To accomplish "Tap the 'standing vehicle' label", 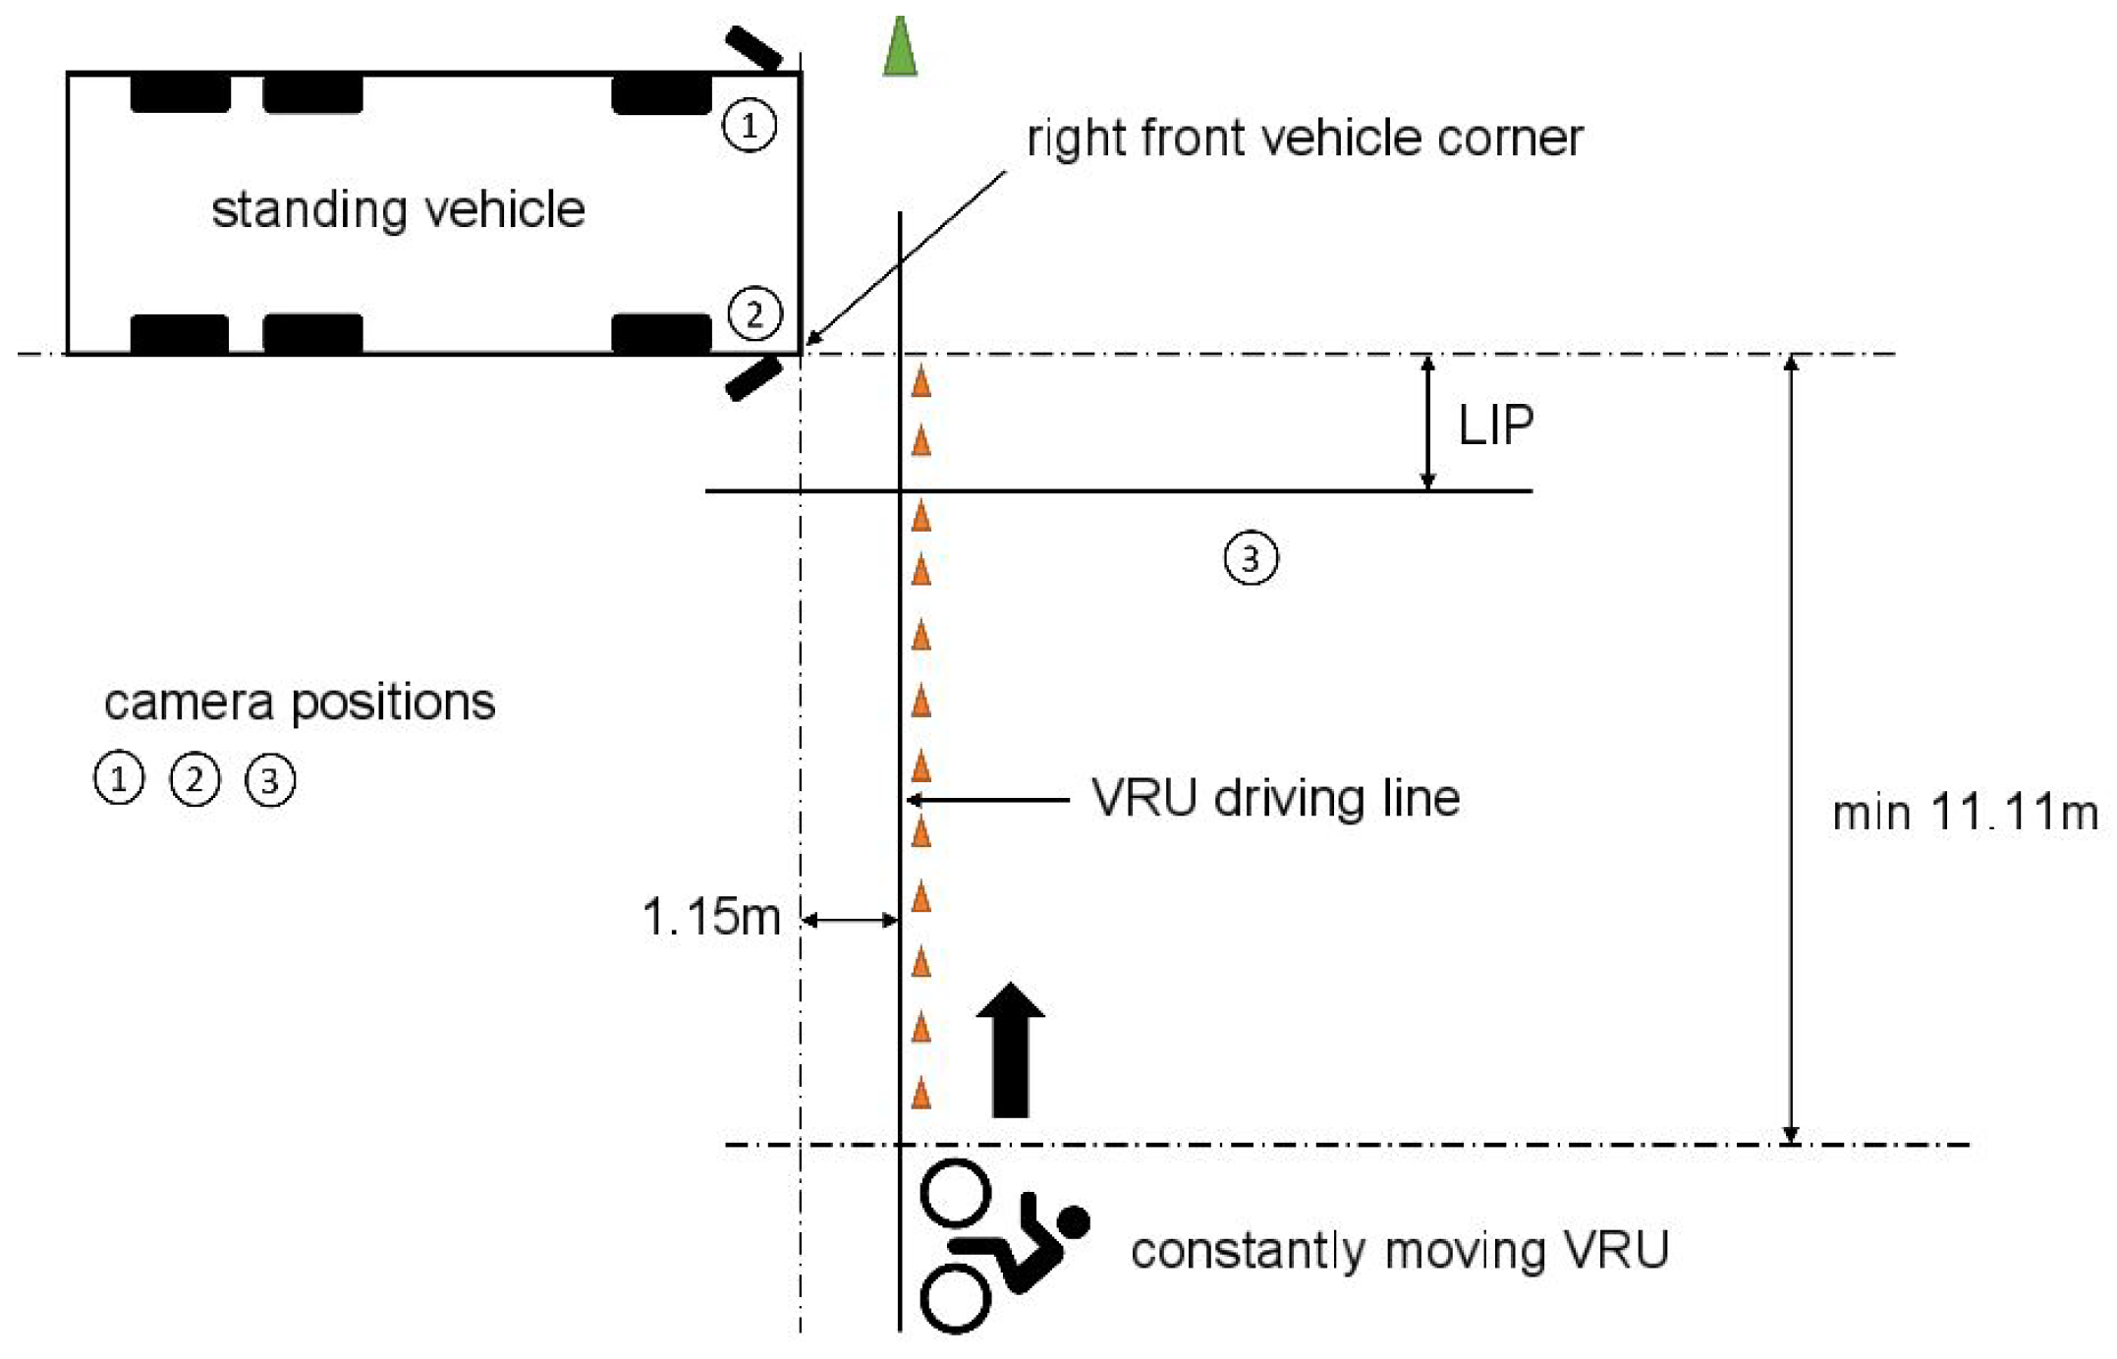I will (398, 210).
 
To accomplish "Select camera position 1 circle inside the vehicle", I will (750, 126).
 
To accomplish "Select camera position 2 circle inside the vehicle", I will (754, 314).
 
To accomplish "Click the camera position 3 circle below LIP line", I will (1251, 559).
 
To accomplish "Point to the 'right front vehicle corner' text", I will (1305, 138).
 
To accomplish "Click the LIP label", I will (1495, 425).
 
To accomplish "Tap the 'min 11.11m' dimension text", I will (1965, 814).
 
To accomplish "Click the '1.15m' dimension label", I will (711, 917).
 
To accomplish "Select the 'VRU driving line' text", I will (1275, 798).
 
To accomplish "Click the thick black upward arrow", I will (1011, 1049).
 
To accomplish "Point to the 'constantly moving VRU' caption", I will (1400, 1251).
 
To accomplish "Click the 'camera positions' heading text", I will (300, 703).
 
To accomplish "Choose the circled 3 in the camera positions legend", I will (270, 781).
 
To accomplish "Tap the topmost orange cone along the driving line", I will (920, 382).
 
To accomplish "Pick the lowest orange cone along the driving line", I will (920, 1093).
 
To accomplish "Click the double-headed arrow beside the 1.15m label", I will (851, 921).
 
